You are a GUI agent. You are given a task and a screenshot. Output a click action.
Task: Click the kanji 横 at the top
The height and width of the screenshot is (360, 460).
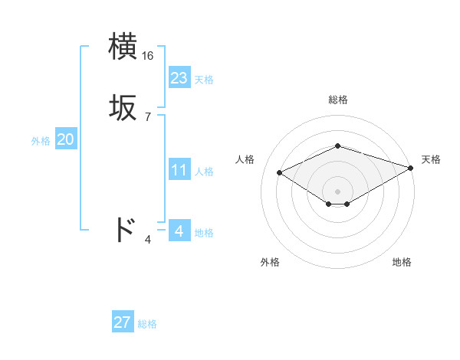tap(123, 47)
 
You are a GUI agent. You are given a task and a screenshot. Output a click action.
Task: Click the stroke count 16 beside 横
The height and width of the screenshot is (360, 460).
tap(148, 56)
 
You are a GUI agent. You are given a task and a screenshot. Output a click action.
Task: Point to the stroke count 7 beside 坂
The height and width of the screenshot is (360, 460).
tap(148, 117)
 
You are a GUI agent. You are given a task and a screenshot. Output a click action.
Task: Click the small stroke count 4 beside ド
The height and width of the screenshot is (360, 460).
tap(148, 240)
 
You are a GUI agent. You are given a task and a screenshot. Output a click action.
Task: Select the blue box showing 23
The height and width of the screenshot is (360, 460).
tap(179, 78)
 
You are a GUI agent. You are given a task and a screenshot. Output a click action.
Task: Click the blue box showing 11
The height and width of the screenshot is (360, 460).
tap(179, 170)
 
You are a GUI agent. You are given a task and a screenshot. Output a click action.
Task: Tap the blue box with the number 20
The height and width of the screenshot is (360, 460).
tap(65, 139)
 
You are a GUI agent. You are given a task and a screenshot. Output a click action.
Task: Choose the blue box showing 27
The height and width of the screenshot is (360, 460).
tap(123, 322)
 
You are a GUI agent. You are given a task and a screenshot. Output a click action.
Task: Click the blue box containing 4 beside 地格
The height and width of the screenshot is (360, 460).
tap(179, 231)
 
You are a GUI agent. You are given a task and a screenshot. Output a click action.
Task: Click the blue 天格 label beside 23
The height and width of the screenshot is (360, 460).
tap(204, 80)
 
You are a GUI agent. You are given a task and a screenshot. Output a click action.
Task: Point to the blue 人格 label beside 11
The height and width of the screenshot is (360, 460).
tap(204, 172)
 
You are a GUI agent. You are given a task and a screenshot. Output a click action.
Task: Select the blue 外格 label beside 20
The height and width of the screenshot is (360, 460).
tap(41, 141)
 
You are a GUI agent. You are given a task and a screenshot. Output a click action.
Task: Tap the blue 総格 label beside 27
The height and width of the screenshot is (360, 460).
tap(147, 324)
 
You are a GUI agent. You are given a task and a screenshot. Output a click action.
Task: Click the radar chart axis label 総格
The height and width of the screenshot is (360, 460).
tap(338, 100)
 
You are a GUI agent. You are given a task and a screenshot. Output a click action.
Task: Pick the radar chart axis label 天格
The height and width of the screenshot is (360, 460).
tap(431, 159)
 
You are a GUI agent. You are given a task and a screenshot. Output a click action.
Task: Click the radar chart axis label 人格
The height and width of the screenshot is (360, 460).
tap(245, 159)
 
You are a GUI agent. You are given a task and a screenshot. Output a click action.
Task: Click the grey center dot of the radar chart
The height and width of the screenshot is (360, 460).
tap(338, 191)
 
